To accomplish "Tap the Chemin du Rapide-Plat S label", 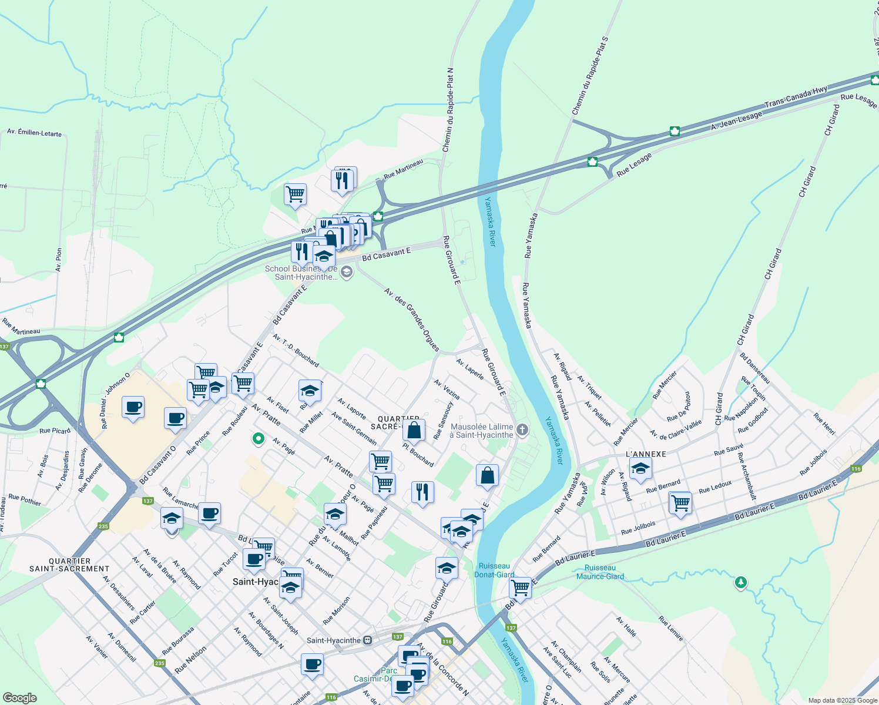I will [590, 76].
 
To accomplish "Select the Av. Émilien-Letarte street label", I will [34, 132].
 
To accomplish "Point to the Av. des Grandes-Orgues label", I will [412, 319].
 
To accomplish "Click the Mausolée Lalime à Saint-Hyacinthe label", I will [481, 431].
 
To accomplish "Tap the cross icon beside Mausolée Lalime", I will [523, 430].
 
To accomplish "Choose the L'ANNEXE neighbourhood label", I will [646, 454].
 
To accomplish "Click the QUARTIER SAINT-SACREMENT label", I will [69, 565].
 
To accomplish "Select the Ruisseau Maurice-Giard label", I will [600, 572].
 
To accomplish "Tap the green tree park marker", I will [741, 583].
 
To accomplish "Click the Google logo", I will [19, 698].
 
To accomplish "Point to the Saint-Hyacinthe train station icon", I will [368, 640].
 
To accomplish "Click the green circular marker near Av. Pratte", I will [257, 438].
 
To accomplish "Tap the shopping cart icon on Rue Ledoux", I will [680, 503].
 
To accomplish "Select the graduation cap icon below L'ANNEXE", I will [640, 469].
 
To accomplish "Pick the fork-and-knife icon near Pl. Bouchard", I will [422, 492].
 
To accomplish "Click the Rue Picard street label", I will [55, 431].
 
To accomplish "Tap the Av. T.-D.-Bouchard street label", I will [296, 350].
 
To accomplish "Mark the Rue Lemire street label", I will [670, 629].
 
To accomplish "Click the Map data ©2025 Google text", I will [842, 700].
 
